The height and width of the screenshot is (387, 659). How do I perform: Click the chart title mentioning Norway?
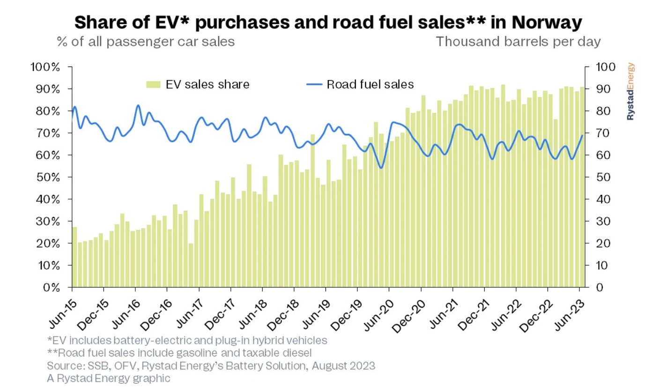(329, 22)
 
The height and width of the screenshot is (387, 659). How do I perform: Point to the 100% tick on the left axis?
(45, 67)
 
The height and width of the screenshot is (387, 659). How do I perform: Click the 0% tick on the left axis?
(50, 287)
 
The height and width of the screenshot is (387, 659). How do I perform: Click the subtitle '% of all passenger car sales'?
(146, 42)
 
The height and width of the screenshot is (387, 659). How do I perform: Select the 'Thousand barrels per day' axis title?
(518, 42)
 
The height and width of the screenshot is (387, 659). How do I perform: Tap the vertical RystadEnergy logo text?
(630, 92)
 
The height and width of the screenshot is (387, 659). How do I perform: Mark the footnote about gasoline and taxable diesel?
(179, 352)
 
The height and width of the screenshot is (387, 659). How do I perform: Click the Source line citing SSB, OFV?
(211, 365)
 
